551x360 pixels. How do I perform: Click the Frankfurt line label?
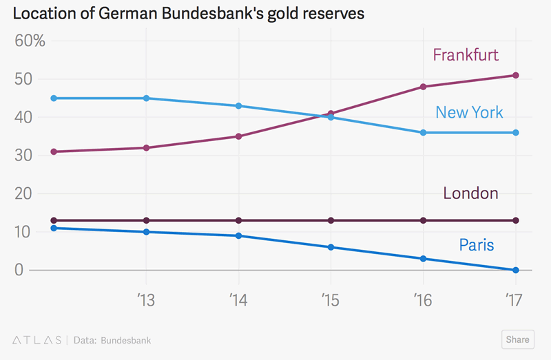click(x=466, y=55)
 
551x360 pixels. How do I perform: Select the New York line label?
click(x=469, y=112)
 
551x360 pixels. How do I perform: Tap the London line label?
click(x=470, y=193)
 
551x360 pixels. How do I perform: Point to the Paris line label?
click(x=477, y=244)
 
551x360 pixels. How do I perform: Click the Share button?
click(x=517, y=339)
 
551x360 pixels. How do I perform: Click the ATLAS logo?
click(x=37, y=340)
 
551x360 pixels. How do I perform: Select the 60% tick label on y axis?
click(x=30, y=41)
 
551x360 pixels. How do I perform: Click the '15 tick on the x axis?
click(x=330, y=300)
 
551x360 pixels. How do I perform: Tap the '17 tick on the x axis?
click(x=513, y=300)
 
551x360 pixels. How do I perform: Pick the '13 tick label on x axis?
click(x=145, y=300)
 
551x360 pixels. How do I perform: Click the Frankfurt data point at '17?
click(x=515, y=75)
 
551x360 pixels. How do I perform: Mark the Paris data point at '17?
click(x=515, y=270)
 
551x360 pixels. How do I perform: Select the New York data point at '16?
click(x=423, y=132)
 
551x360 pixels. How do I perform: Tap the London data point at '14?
click(x=238, y=220)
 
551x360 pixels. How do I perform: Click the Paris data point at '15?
click(x=331, y=247)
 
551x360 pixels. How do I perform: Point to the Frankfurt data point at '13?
click(x=146, y=148)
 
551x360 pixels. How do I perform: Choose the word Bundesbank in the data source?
click(x=126, y=340)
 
